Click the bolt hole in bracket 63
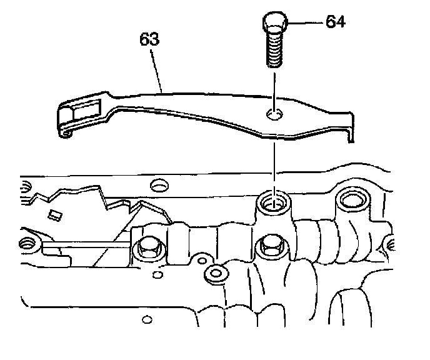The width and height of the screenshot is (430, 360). pyautogui.click(x=273, y=114)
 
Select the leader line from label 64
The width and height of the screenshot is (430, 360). pyautogui.click(x=306, y=23)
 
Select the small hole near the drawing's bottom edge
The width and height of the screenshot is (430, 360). pyautogui.click(x=147, y=321)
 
